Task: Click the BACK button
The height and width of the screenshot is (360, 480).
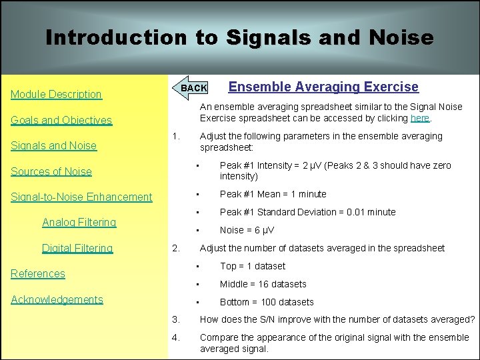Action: (193, 88)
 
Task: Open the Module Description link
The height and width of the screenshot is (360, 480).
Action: (56, 95)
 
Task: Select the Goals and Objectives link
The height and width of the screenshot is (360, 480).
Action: (61, 121)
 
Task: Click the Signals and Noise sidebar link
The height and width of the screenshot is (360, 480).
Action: (53, 146)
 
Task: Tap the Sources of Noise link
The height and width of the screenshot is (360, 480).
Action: (51, 171)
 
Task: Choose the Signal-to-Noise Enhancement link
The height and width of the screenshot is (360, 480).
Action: (81, 197)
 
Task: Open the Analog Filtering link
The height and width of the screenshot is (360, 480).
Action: (79, 222)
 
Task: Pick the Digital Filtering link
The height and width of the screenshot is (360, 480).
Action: (77, 248)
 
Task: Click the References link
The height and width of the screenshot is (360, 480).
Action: (38, 273)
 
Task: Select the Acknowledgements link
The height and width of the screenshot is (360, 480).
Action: (57, 299)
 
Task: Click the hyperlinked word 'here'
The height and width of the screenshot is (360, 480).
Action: (420, 118)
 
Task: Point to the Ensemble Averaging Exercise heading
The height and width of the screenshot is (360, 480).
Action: (323, 87)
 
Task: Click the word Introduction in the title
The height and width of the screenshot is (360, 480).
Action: (116, 37)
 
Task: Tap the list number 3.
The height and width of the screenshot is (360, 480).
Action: (175, 319)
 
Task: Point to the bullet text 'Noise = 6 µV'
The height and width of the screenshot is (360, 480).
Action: (247, 230)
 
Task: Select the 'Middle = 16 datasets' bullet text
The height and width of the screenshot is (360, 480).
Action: (263, 284)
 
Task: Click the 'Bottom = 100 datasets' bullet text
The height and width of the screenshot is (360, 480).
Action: (266, 302)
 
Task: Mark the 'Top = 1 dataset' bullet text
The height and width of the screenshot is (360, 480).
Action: (252, 266)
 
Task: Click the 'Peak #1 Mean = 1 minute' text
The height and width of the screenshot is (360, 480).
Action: (273, 194)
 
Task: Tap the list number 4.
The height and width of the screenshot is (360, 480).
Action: (175, 337)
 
